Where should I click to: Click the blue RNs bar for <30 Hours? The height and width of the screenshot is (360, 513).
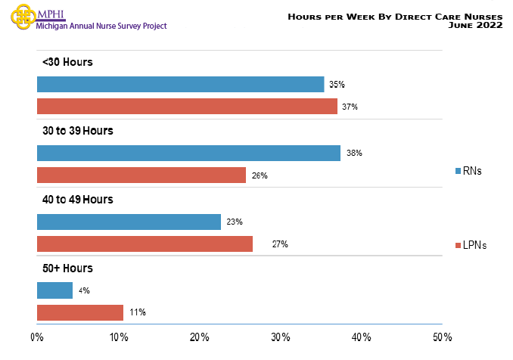pos(180,85)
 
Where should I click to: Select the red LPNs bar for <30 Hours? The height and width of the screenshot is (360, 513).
pos(187,107)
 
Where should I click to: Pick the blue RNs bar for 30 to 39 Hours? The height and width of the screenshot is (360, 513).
pos(188,154)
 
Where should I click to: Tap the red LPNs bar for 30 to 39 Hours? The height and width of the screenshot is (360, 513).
pos(141,175)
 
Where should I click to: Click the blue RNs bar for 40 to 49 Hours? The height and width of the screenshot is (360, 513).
pos(129,222)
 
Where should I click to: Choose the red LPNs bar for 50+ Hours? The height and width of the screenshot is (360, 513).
pos(80,312)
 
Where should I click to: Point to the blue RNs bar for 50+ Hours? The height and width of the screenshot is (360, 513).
pos(54,290)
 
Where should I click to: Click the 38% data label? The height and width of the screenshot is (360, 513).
pos(355,154)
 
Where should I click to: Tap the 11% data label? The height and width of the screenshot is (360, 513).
pos(138,312)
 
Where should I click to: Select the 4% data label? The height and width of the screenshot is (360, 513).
pos(84,290)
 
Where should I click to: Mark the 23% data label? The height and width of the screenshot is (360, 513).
pos(235,222)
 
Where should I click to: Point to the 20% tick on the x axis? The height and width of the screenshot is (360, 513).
pos(199,337)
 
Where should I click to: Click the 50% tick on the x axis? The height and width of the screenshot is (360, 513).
pos(442,337)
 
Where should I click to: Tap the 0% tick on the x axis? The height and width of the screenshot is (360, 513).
pos(36,337)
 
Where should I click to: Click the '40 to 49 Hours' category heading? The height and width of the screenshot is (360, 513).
pos(77,200)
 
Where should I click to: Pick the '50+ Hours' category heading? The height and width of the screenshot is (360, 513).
pos(67,268)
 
